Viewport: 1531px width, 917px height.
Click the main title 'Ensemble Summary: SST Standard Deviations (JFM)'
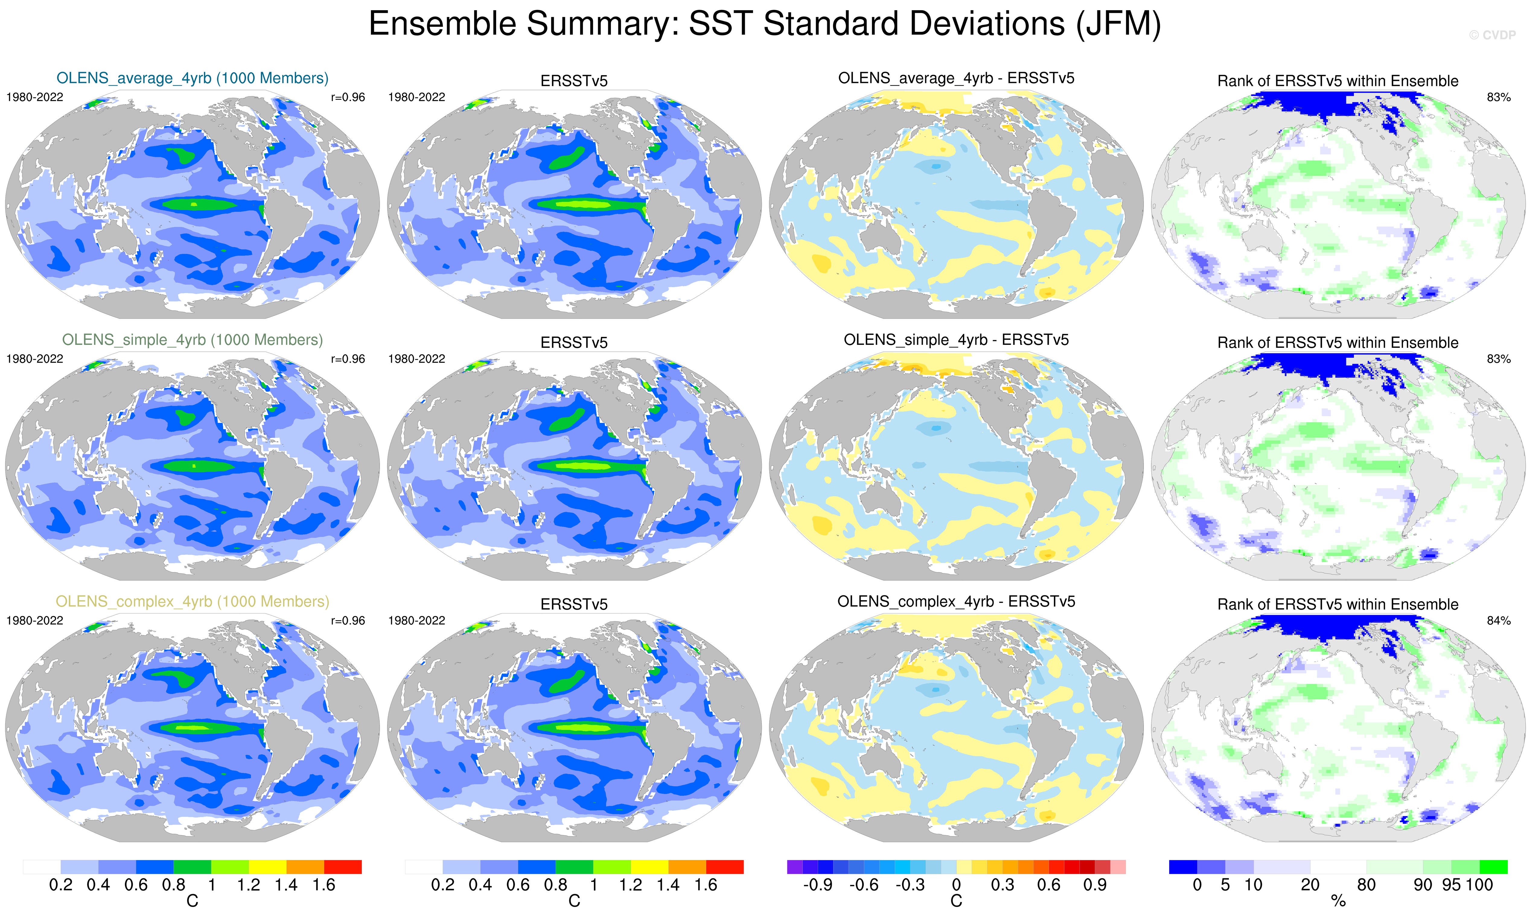(x=764, y=25)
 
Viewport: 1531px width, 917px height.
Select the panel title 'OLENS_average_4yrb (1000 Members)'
(x=192, y=78)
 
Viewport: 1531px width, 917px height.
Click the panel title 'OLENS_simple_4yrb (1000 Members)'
(x=192, y=340)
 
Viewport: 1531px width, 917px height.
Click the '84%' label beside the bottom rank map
(x=1498, y=620)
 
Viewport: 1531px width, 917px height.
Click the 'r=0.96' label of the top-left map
(x=348, y=98)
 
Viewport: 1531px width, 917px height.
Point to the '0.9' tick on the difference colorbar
(x=1095, y=885)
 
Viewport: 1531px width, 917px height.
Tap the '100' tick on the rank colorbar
(x=1479, y=885)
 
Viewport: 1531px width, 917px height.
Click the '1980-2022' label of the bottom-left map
(x=35, y=620)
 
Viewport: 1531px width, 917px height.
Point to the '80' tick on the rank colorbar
(x=1366, y=885)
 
